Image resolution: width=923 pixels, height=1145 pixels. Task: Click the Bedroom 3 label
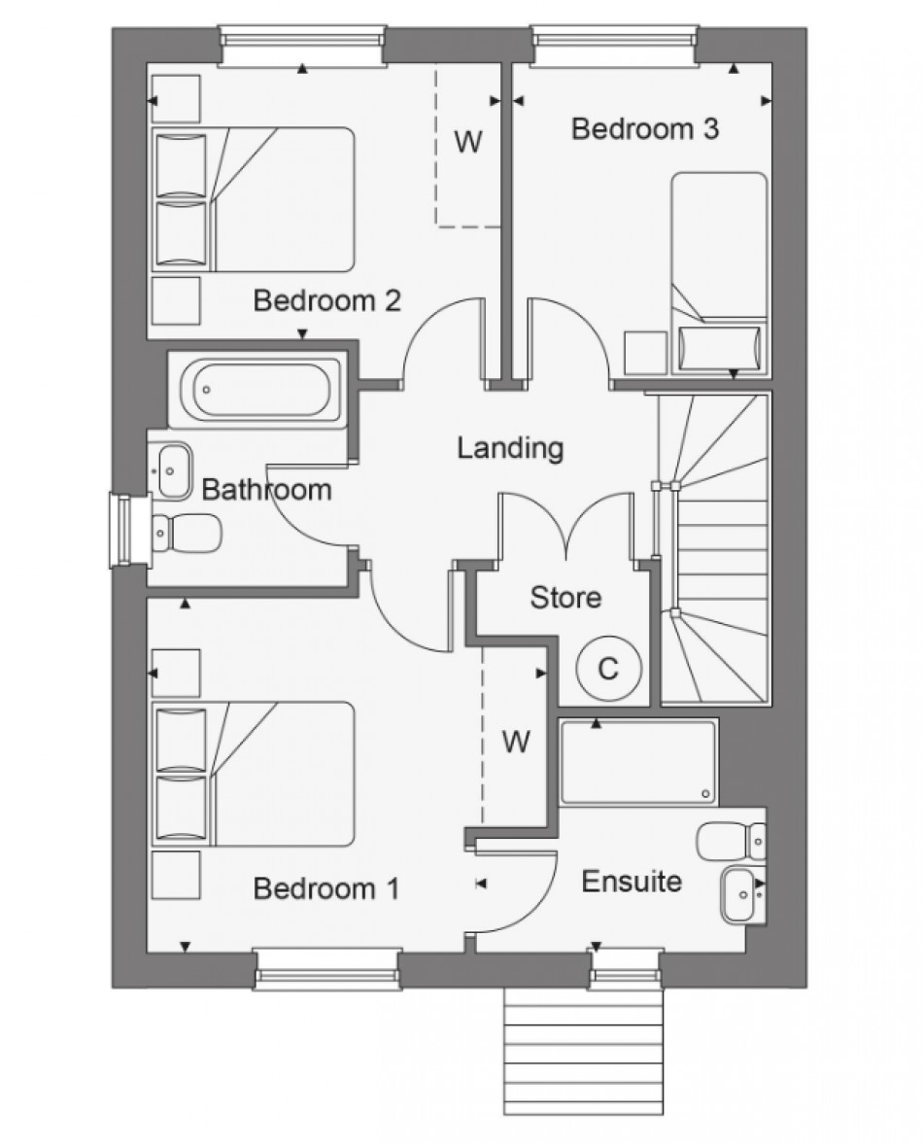point(645,128)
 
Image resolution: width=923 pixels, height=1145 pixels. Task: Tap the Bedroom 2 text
point(326,300)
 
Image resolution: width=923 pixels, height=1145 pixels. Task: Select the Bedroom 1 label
point(326,888)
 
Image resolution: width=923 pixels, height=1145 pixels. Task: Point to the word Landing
point(510,448)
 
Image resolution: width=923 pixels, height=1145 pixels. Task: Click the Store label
point(565,597)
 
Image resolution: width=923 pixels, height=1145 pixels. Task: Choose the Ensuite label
point(632,882)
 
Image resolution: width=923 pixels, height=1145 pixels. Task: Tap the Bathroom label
point(266,489)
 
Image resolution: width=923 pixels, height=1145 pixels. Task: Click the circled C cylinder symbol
point(608,669)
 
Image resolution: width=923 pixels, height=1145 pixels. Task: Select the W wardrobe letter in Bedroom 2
point(468,142)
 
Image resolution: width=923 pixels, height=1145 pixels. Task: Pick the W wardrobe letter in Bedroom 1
point(517,743)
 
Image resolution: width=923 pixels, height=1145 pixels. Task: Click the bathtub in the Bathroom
point(256,391)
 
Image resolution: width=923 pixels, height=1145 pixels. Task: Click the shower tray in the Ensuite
point(638,762)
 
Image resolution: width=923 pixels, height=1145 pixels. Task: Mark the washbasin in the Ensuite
point(742,891)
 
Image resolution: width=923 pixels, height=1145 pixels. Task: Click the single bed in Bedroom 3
point(719,273)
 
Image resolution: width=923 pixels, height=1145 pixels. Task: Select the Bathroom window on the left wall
point(121,529)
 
